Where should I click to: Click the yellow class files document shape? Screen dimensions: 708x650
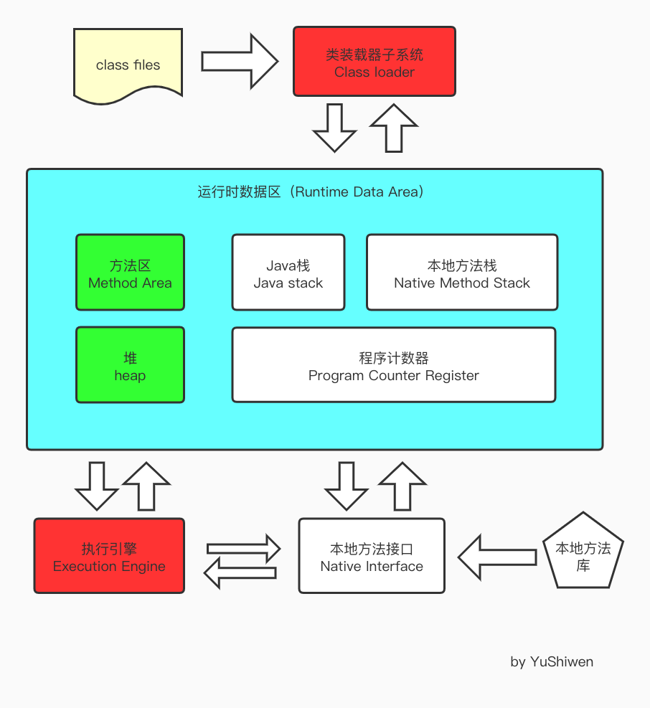128,63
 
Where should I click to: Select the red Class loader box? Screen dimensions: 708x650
374,62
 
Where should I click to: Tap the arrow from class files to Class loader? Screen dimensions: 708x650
239,62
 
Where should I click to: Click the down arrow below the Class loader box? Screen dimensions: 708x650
334,128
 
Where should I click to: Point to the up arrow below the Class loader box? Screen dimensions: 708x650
393,127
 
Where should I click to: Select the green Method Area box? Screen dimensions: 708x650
130,273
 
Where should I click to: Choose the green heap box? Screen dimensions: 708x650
130,365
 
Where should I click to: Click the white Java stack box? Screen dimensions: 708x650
288,273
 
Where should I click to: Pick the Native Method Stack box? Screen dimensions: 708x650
461,273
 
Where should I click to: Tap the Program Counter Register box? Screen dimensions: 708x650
393,365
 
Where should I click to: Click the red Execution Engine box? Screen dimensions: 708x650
109,556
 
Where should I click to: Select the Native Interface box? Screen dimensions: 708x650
372,556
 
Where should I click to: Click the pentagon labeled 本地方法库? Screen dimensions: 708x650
583,552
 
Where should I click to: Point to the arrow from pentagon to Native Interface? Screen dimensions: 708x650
496,557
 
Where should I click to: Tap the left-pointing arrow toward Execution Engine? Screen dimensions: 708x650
240,572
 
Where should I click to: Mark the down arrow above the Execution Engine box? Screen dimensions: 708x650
96,486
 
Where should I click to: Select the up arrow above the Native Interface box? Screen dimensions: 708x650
402,486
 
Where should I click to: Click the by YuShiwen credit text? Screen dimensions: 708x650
551,661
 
